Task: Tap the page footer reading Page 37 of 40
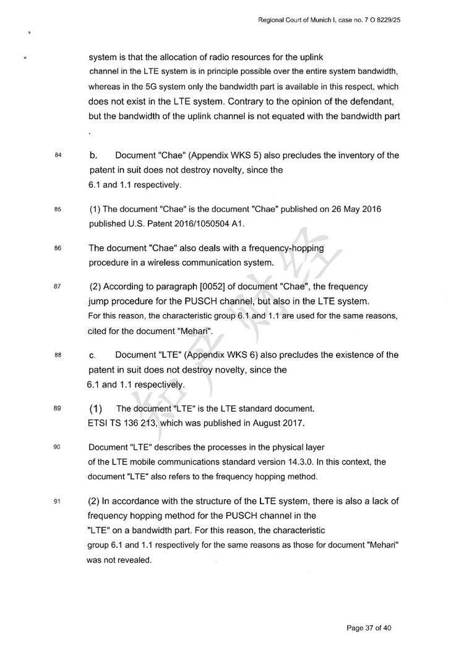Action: pos(369,628)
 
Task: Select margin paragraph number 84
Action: pos(58,155)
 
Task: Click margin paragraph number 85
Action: pos(58,209)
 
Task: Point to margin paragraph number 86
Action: pos(58,248)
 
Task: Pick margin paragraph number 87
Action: pos(58,287)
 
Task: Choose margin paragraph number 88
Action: pos(58,355)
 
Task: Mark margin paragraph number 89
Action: pos(58,408)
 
